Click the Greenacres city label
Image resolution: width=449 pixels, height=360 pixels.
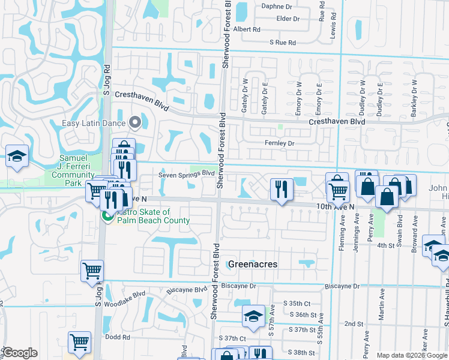pos(252,264)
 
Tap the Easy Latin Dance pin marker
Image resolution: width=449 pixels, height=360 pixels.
pos(135,122)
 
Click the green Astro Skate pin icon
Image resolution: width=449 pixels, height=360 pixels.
pos(108,216)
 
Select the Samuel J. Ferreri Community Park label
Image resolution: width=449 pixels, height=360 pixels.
pos(74,170)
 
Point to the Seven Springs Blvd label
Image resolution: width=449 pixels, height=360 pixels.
pos(186,174)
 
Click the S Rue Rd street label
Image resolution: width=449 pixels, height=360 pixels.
pos(283,43)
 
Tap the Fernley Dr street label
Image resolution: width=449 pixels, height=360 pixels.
pos(280,143)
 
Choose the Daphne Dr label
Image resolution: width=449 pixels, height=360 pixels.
pos(276,7)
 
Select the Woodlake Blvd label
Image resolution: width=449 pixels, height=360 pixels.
pos(127,295)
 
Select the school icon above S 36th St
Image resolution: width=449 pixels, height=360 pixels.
pos(253,316)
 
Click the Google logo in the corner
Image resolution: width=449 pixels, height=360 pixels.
pos(20,353)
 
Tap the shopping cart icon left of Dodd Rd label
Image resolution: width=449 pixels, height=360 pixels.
pos(80,342)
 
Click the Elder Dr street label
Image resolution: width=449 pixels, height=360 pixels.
pos(288,19)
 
